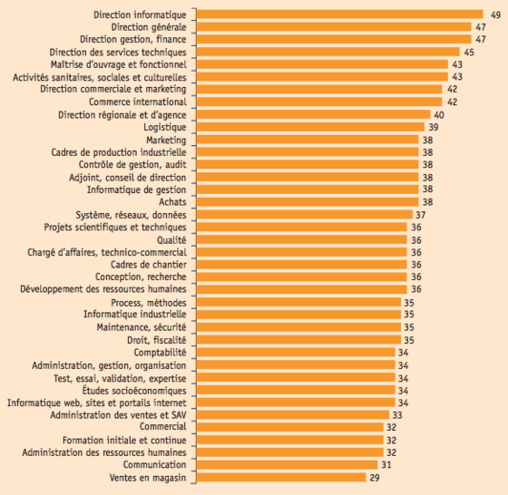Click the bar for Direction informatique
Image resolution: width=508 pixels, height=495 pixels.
point(339,15)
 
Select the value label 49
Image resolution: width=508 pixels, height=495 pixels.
point(495,15)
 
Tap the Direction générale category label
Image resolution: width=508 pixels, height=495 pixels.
point(149,27)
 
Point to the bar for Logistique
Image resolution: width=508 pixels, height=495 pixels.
point(310,127)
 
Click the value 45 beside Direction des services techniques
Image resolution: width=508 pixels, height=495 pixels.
point(469,52)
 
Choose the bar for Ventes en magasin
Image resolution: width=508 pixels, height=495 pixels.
point(281,477)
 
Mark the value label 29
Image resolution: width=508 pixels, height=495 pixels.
point(375,478)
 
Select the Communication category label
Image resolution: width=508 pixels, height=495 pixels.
point(154,464)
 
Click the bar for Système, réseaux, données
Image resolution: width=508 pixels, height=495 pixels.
point(305,214)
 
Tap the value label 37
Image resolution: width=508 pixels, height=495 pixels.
point(421,215)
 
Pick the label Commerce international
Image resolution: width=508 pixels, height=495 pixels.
point(138,102)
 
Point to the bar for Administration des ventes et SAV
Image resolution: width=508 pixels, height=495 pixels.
point(292,414)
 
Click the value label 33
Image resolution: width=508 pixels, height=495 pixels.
point(397,415)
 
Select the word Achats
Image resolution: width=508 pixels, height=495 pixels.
point(172,202)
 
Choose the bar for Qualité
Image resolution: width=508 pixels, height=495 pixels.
point(301,239)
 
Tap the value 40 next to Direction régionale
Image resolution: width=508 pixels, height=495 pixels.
point(439,115)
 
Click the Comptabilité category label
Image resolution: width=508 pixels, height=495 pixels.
point(160,353)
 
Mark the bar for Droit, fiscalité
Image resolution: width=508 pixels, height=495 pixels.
point(298,340)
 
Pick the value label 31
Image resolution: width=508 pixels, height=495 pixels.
point(386,465)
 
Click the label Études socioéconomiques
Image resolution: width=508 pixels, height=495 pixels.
point(134,391)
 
